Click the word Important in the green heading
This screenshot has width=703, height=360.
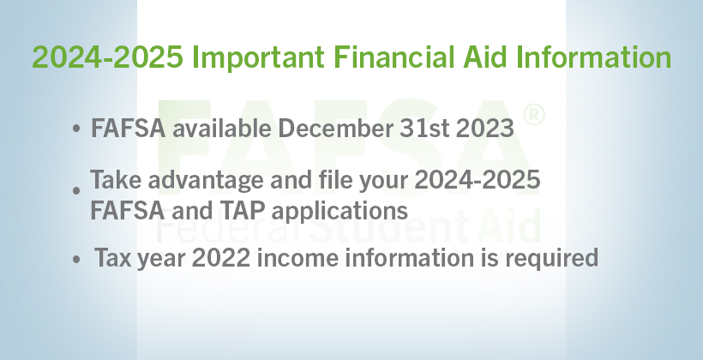click(x=258, y=58)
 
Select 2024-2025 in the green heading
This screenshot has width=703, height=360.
click(x=108, y=57)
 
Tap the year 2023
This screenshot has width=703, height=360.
click(x=484, y=129)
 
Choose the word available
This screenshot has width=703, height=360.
click(x=222, y=129)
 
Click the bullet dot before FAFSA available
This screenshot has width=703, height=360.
click(x=76, y=129)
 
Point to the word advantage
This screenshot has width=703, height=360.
click(x=206, y=181)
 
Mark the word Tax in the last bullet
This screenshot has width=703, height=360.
click(x=112, y=258)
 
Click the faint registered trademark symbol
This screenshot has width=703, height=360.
click(x=534, y=115)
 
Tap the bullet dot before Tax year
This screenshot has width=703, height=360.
click(x=76, y=259)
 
